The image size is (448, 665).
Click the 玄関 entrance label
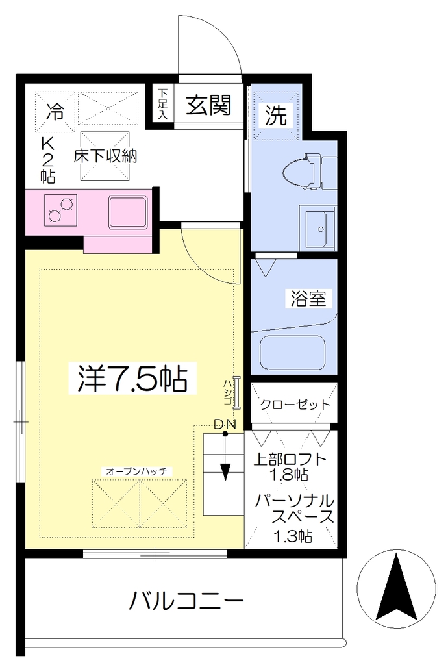click(209, 105)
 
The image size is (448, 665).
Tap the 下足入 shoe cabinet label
click(163, 105)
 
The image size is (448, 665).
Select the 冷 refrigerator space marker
click(55, 112)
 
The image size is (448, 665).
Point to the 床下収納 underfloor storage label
click(105, 156)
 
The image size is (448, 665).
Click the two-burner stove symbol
click(60, 210)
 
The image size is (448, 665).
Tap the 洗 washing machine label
click(276, 114)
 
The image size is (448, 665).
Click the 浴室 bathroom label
click(308, 299)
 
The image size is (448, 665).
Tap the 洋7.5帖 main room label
click(132, 379)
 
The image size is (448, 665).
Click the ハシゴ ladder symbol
click(236, 392)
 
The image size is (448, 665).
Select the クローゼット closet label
click(295, 404)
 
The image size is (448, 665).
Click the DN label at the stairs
click(225, 424)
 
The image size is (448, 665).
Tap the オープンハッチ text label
click(136, 471)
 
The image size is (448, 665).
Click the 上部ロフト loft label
click(290, 459)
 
